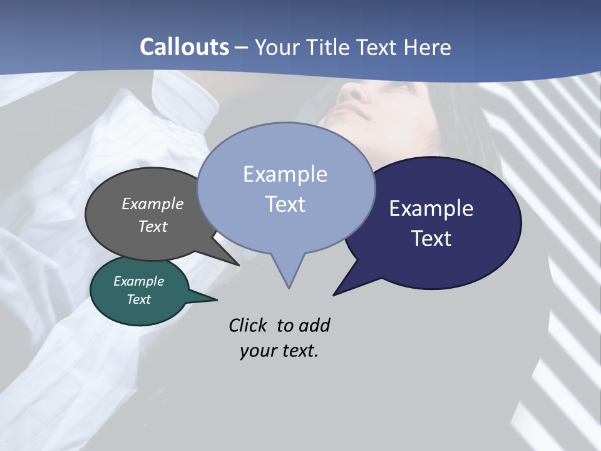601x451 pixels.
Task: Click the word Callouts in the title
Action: [x=184, y=47]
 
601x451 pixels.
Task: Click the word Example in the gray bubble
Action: [x=152, y=204]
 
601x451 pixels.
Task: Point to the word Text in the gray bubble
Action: [x=152, y=226]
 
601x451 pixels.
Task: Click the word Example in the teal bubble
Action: [x=138, y=281]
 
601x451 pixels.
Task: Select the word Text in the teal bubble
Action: [x=138, y=299]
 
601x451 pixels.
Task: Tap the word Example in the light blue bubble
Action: [x=285, y=174]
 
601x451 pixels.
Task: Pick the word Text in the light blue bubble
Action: [x=285, y=204]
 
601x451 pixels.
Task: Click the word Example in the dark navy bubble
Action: [x=431, y=209]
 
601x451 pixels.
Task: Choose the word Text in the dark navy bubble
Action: [x=431, y=238]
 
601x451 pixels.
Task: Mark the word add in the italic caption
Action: [x=314, y=325]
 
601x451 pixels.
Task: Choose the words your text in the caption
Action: [x=279, y=351]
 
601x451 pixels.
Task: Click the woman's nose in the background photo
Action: [x=354, y=94]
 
